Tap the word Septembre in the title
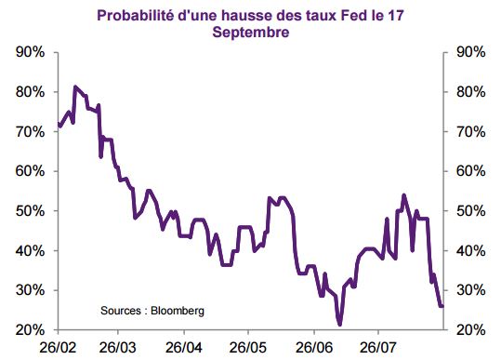251,33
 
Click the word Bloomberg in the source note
178,311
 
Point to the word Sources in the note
121,311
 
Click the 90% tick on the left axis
30,52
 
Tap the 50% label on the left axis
30,211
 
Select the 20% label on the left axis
30,330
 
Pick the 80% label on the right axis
471,92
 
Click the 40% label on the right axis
471,251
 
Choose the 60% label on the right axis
471,171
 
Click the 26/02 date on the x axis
58,348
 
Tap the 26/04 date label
184,348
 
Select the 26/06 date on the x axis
314,348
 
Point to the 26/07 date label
378,348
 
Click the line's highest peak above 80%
75,87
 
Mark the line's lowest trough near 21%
339,325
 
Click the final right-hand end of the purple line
442,306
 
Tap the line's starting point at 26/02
59,124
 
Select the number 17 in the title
396,15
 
